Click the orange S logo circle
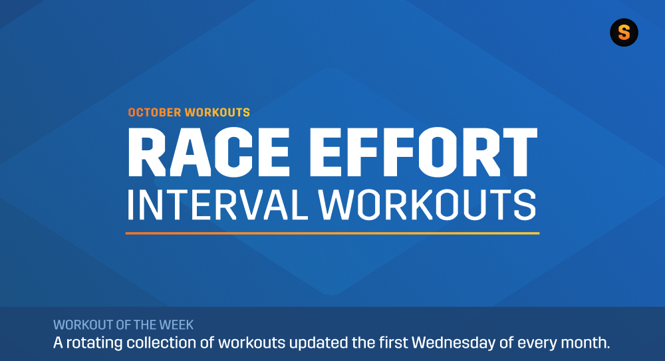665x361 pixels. pos(624,33)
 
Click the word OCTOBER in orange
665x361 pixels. pos(155,112)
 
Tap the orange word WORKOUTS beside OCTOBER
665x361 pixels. pos(218,112)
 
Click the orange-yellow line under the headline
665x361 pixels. pos(332,233)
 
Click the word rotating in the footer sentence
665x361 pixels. pos(92,344)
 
